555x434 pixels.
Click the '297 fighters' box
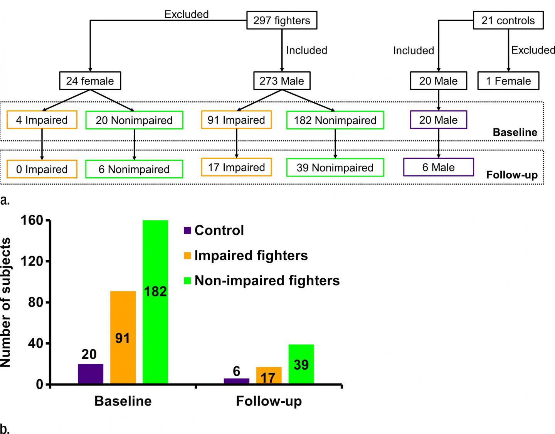282,20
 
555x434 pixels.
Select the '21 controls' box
508,20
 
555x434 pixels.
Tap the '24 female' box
90,81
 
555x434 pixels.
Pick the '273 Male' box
282,81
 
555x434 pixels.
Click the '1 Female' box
508,81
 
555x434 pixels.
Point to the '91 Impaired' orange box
236,120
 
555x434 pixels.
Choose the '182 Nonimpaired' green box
335,120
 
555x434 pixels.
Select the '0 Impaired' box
42,169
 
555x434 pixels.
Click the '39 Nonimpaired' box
335,168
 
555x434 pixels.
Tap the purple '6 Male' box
438,167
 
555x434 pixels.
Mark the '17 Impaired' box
236,167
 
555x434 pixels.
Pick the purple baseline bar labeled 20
91,374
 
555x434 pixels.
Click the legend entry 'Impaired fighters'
251,256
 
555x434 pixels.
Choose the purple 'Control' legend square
188,230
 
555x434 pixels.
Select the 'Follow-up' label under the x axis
269,401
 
